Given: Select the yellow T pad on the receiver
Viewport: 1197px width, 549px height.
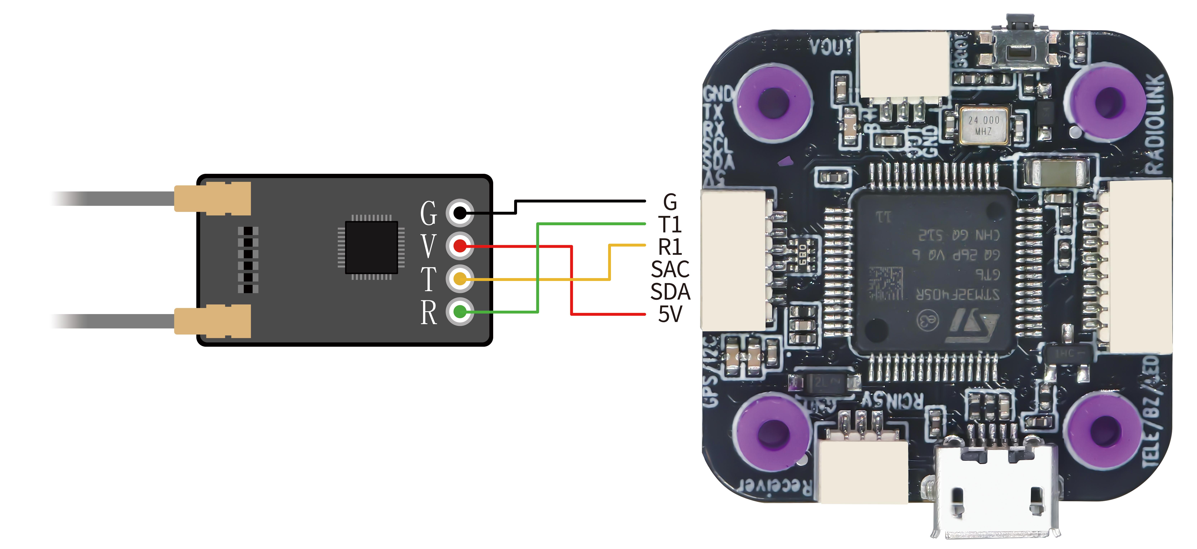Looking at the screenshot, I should point(459,279).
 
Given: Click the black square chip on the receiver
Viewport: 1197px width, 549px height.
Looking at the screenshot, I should point(371,247).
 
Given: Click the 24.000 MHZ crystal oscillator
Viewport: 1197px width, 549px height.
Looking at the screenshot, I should point(984,125).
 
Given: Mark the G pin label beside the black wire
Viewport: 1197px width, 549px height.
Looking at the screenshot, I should point(670,202).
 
